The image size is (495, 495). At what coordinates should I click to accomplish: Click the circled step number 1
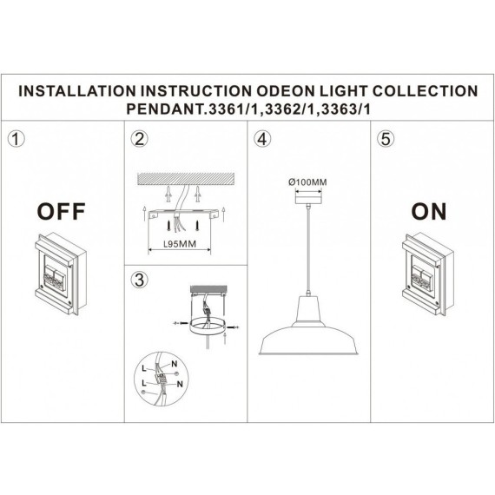click(15, 139)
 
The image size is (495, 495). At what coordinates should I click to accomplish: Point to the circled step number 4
click(262, 139)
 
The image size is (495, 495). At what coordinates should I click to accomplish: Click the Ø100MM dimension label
click(307, 181)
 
